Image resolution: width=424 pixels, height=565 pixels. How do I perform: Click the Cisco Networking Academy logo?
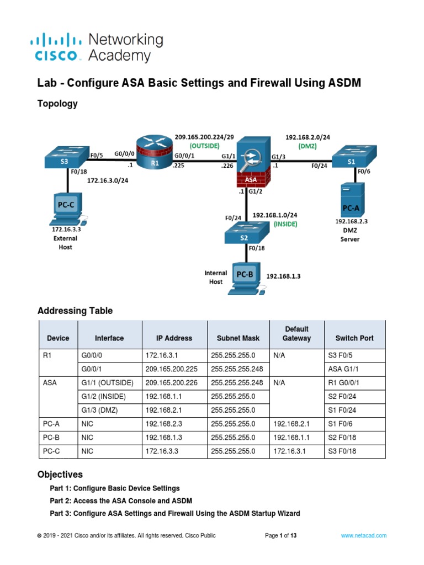pyautogui.click(x=97, y=47)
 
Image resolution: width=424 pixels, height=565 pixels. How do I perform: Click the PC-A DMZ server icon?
pyautogui.click(x=352, y=199)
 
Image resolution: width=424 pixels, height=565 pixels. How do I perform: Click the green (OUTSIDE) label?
pyautogui.click(x=205, y=146)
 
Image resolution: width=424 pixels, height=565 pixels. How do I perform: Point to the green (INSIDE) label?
pyautogui.click(x=285, y=224)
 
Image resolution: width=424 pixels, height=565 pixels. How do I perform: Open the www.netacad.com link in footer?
pyautogui.click(x=363, y=535)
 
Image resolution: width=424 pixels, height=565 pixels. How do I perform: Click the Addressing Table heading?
pyautogui.click(x=75, y=311)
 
